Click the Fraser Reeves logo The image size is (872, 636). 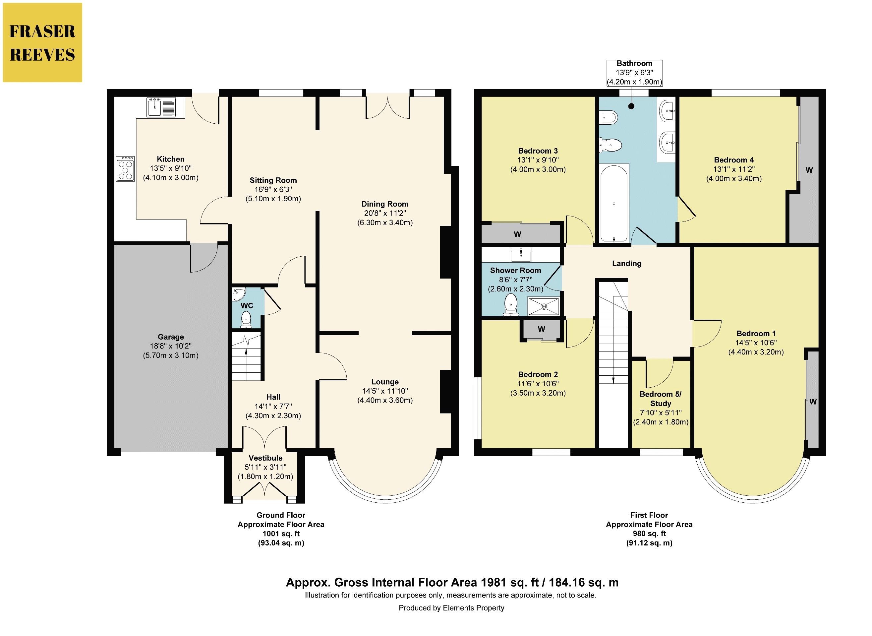pos(42,42)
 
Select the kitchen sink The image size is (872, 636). pos(161,107)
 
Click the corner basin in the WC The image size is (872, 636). pos(238,294)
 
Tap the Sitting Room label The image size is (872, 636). pos(273,180)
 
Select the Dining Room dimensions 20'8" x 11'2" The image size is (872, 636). pos(385,213)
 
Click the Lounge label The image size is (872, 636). pos(385,382)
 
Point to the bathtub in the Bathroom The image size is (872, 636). pos(614,203)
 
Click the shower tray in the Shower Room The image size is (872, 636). pos(544,306)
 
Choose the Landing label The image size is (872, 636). pos(627,264)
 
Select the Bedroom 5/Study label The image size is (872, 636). pos(661,399)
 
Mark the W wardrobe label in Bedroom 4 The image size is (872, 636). pos(809,170)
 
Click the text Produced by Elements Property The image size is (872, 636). pos(451,608)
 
